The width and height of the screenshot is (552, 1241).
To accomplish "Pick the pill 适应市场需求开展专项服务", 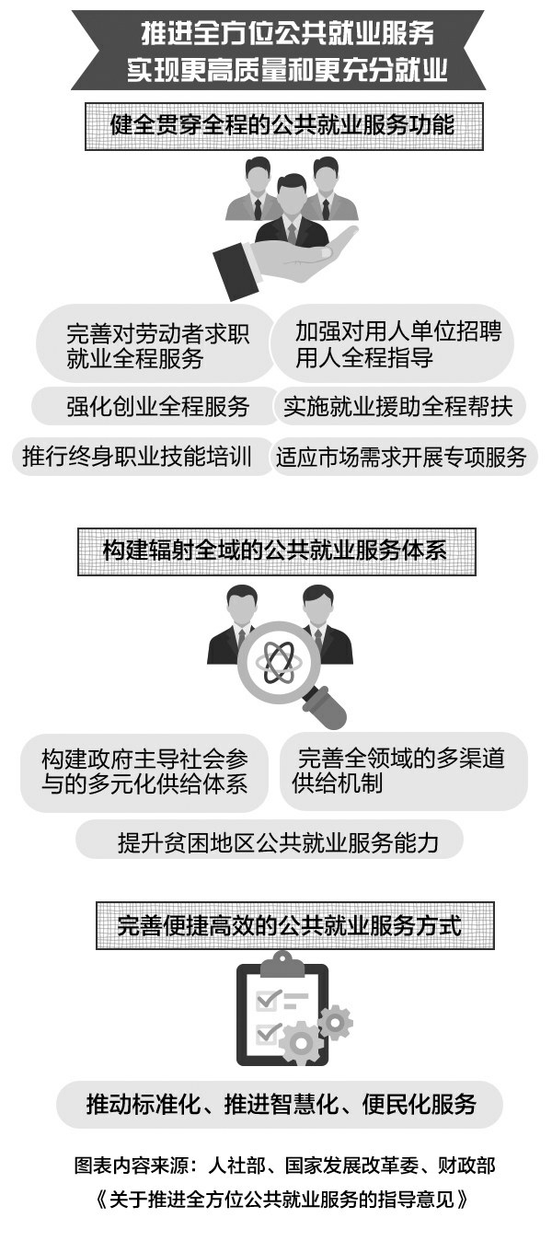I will (401, 457).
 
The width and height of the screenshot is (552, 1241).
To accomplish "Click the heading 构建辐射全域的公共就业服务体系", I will (276, 551).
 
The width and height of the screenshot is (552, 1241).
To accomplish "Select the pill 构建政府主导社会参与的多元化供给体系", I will (144, 771).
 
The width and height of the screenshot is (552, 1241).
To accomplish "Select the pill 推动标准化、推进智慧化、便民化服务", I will (280, 1104).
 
